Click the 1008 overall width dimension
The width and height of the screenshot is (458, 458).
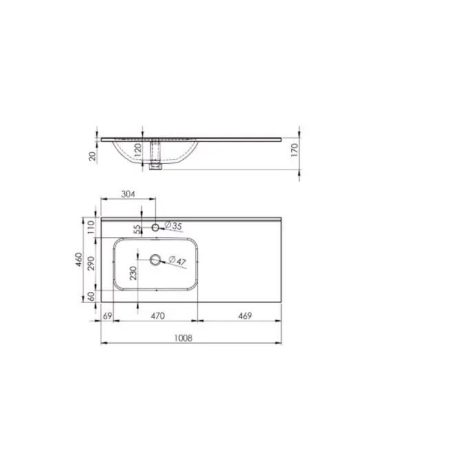tap(183, 338)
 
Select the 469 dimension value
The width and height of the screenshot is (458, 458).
tap(244, 315)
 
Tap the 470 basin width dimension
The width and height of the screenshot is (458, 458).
tap(158, 315)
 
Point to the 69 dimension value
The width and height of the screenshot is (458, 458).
tap(107, 315)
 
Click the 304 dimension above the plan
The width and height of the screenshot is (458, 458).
tap(128, 194)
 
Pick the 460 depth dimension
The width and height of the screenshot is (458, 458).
tap(79, 260)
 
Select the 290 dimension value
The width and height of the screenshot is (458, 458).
tap(91, 263)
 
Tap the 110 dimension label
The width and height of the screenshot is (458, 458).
tap(91, 227)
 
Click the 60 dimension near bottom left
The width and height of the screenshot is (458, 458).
tap(91, 296)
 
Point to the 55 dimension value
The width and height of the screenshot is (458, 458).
tap(137, 229)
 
